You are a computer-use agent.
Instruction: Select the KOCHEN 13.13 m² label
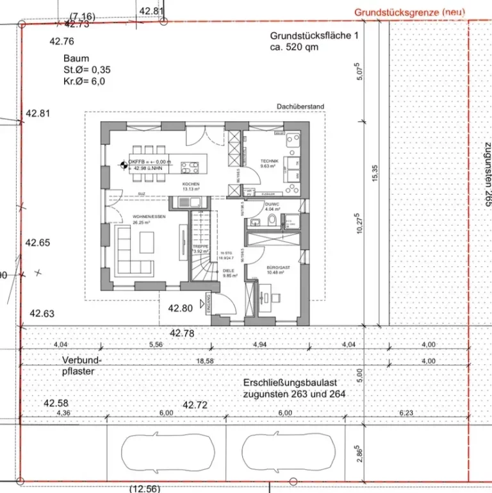click(191, 186)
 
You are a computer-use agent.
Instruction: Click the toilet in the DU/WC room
click(272, 221)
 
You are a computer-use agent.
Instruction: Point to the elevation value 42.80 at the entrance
click(180, 308)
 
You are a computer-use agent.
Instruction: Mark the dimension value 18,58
click(205, 362)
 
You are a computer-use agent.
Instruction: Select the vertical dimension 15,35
click(376, 173)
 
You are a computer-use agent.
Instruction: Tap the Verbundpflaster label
click(82, 365)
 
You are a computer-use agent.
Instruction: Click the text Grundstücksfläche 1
click(310, 37)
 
